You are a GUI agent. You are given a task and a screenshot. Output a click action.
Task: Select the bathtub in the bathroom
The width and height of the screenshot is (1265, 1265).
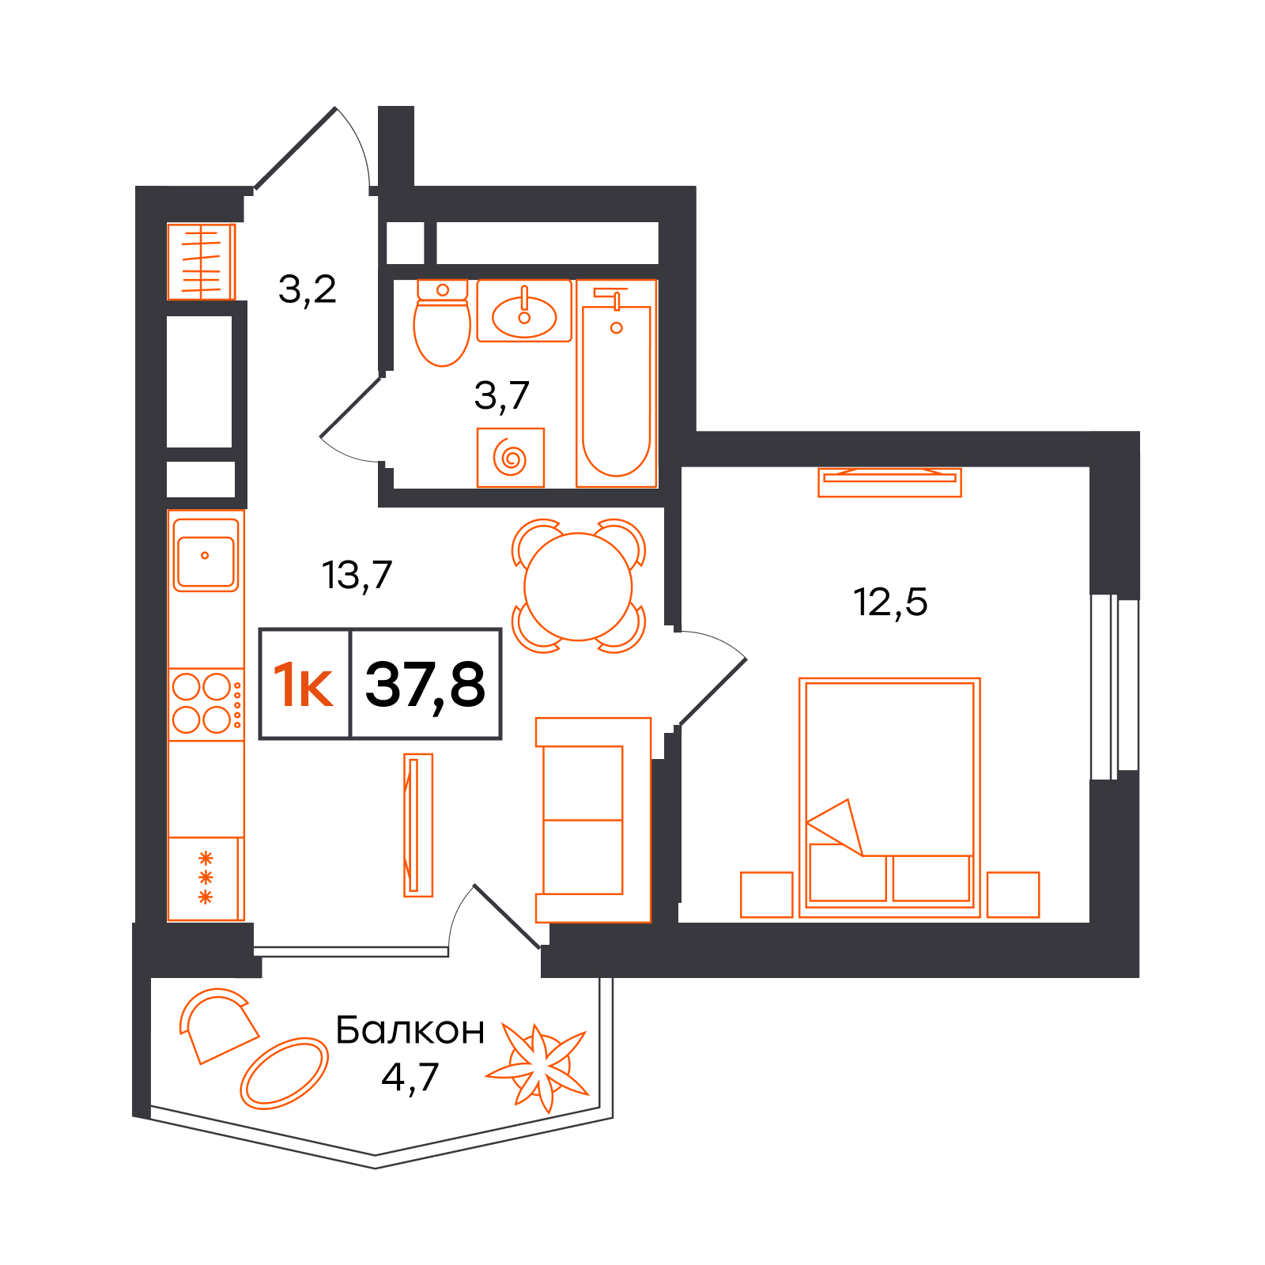point(617,383)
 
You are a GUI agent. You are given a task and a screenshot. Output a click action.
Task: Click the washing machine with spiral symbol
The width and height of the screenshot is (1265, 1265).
point(511,458)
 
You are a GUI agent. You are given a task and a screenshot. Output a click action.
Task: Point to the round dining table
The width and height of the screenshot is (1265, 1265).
point(578,587)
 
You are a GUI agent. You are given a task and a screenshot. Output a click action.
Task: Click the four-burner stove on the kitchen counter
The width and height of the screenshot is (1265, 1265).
point(206,704)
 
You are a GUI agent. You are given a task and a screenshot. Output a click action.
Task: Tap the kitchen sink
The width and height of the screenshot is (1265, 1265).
point(206,555)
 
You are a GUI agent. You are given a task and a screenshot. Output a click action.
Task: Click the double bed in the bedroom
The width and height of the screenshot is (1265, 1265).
point(889,798)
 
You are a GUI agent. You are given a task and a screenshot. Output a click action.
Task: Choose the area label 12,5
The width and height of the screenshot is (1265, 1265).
point(890,602)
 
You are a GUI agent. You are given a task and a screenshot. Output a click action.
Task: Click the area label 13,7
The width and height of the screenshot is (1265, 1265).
point(357,576)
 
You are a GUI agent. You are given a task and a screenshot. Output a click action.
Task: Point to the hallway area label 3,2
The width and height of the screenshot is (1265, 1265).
point(308,289)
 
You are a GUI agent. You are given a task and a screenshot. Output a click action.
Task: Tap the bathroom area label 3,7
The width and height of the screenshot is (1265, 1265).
point(501,395)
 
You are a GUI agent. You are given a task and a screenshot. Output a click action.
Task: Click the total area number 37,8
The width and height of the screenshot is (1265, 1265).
point(425,685)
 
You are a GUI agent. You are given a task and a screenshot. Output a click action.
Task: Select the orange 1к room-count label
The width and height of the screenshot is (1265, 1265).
point(303,685)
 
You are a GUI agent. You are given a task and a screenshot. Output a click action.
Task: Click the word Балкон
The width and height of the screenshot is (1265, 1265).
point(410,1030)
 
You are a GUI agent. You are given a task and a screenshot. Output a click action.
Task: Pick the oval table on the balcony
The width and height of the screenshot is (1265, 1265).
point(284,1073)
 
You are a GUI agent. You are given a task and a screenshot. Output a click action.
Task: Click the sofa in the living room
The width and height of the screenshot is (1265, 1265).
point(593,820)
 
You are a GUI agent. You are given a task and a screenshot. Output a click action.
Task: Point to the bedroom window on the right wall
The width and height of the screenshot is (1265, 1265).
point(1115,686)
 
